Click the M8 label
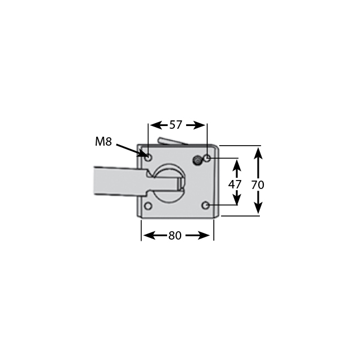103,142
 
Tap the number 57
175,125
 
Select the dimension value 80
175,236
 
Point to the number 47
235,183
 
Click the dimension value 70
258,183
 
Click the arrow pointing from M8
132,150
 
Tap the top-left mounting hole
148,158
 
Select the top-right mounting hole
207,159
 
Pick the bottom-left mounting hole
148,206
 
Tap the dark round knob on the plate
197,161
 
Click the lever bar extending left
115,180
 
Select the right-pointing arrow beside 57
197,125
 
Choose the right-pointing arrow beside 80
200,236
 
